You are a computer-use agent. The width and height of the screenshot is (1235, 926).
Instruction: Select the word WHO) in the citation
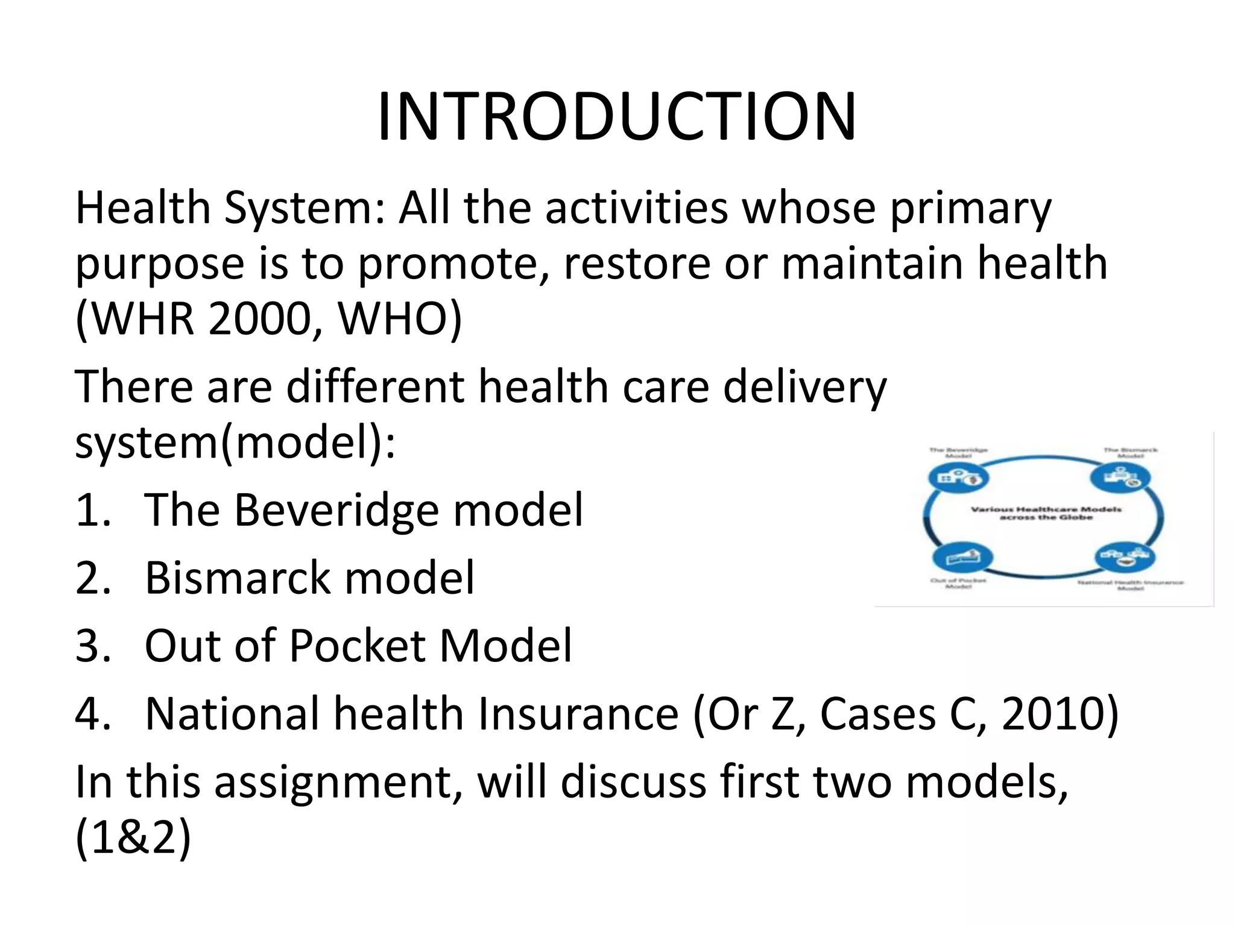coord(399,319)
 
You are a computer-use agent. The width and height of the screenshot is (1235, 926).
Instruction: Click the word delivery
coord(804,386)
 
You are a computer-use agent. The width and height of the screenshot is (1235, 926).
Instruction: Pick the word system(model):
coord(235,443)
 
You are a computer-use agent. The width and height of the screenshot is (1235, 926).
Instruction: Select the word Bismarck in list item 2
coord(238,578)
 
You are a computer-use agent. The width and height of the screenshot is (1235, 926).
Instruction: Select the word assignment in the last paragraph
coord(333,783)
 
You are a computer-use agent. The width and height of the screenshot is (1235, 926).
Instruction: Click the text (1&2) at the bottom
coord(133,838)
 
